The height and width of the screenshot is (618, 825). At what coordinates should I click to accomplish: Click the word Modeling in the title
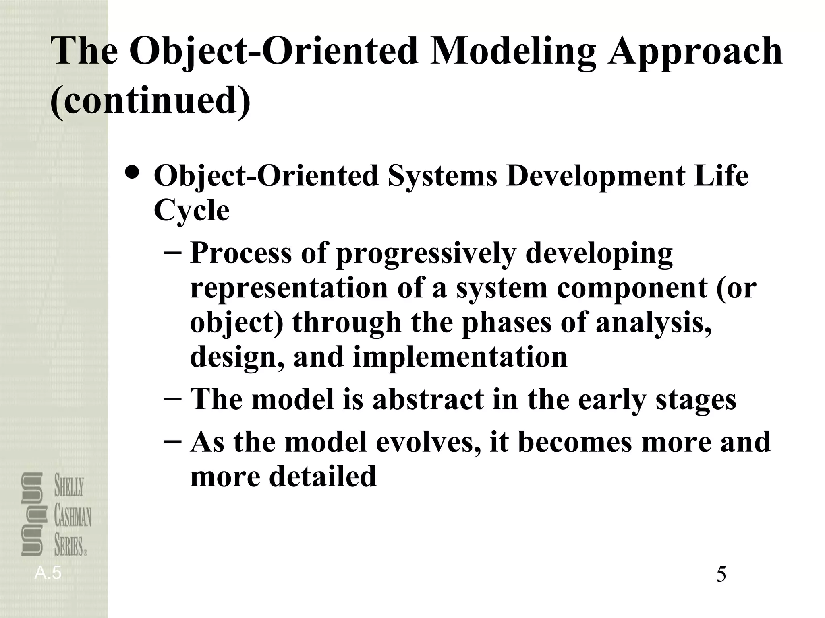(512, 51)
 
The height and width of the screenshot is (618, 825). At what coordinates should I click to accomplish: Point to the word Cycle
(191, 211)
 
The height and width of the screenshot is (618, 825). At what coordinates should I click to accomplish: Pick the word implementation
(460, 357)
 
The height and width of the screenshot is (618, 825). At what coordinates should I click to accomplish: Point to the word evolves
(428, 442)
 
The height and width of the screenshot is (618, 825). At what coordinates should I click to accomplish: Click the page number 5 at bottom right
(721, 575)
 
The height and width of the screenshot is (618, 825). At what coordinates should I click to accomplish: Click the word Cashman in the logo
(73, 517)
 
